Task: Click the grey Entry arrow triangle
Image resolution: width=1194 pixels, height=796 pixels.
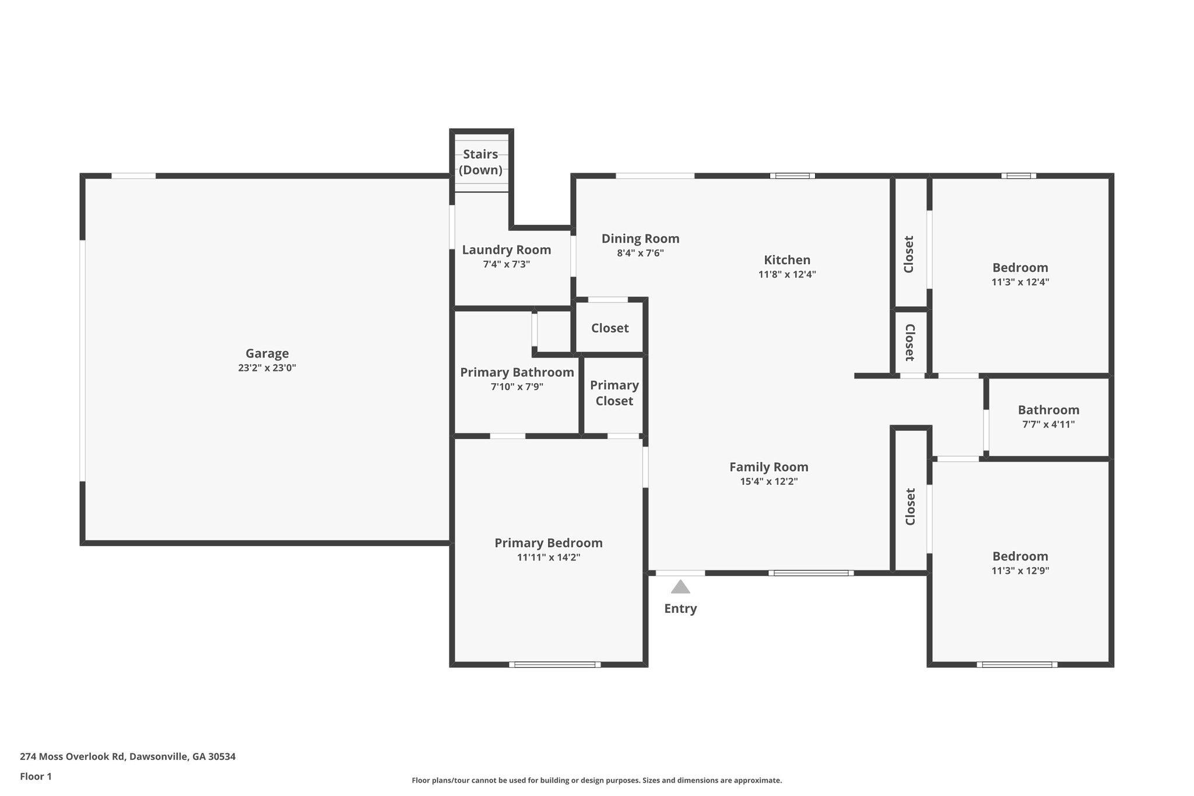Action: (680, 587)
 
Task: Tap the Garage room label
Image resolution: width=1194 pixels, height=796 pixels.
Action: (267, 353)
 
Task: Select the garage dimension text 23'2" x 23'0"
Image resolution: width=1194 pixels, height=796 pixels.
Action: (267, 368)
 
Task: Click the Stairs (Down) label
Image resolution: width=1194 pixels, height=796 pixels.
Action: (480, 162)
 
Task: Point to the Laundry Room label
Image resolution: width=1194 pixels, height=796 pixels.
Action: (506, 250)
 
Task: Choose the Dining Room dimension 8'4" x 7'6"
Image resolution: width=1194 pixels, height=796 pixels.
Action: (640, 253)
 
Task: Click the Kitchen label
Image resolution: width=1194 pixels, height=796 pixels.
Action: (787, 260)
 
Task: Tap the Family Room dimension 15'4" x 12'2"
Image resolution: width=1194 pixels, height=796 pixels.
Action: (768, 482)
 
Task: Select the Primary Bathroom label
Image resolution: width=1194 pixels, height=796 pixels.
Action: (517, 373)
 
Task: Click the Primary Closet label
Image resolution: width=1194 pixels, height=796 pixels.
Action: (614, 393)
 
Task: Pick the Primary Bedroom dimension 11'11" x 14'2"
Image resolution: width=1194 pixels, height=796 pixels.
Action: (548, 557)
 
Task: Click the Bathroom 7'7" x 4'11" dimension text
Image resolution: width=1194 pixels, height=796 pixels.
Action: (1048, 425)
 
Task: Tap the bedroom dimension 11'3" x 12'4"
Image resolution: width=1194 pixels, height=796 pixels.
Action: (1020, 282)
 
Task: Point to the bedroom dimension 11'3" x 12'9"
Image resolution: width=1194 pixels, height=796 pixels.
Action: (1020, 571)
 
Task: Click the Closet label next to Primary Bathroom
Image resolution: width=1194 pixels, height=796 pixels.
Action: (610, 328)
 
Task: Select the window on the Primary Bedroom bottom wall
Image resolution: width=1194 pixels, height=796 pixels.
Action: (554, 664)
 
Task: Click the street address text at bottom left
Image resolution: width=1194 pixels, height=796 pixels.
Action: (128, 756)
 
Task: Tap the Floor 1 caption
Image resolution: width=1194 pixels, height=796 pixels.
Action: (36, 776)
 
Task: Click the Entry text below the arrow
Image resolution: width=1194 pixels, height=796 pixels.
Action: (680, 609)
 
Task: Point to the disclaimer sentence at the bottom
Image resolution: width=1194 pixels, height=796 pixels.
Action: (596, 780)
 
